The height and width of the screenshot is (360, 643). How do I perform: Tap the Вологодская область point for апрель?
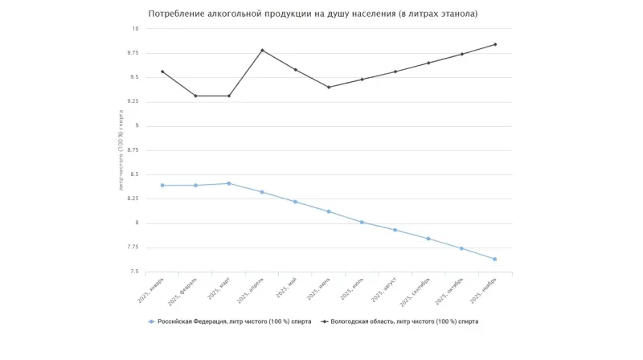pos(262,51)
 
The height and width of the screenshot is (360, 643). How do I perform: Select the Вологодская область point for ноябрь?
pos(495,44)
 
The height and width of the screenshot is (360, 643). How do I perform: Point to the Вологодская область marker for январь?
pos(162,72)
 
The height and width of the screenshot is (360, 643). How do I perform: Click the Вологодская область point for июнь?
pos(329,87)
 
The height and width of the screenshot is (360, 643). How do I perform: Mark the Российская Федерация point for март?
pos(229,183)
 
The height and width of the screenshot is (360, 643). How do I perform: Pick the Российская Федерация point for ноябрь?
pos(495,259)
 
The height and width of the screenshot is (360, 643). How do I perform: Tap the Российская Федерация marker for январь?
pos(162,186)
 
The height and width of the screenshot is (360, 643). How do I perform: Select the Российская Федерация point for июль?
pos(362,222)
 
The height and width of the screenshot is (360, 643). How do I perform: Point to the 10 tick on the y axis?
pos(136,28)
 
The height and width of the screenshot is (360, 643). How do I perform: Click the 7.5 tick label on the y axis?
pos(134,272)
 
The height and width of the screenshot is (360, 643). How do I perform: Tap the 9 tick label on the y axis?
pos(137,125)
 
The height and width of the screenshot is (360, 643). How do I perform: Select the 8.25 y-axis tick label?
pos(133,198)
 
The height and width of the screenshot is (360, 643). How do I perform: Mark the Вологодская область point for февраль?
pos(195,96)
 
